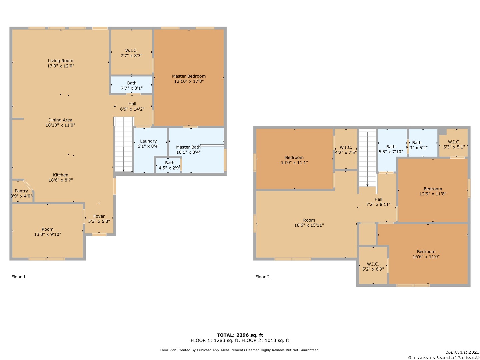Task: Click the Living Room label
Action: coord(61,61)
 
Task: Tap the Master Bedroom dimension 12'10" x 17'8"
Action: coord(189,81)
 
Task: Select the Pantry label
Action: coord(21,191)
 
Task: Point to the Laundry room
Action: coord(150,150)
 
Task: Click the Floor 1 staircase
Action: coord(124,144)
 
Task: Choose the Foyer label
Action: coord(99,216)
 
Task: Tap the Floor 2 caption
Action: coord(262,277)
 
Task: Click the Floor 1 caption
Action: coord(18,277)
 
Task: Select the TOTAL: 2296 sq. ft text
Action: coord(240,335)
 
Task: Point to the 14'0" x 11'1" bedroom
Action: coord(294,159)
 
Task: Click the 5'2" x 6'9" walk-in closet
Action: coord(373,265)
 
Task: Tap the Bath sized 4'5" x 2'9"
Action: coord(168,165)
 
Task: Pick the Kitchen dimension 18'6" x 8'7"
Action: coord(61,180)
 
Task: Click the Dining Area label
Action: coord(60,120)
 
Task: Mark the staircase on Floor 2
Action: coord(367,158)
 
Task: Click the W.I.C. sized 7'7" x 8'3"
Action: coord(131,52)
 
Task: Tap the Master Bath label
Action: coord(188,147)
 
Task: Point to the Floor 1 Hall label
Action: coord(132,104)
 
